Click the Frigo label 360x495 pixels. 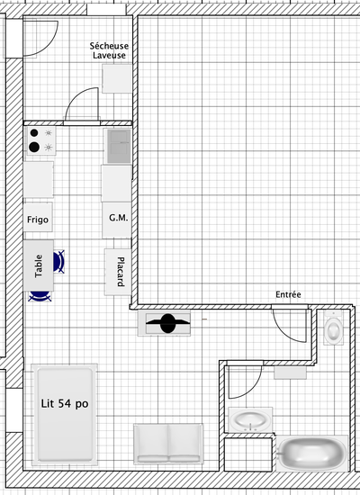coord(38,220)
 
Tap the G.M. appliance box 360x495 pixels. coord(116,220)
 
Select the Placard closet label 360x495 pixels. coord(121,272)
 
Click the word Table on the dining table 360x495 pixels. coord(38,266)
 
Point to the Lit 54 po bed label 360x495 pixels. coord(65,404)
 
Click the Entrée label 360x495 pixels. coord(288,294)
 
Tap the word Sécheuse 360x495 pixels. coord(109,46)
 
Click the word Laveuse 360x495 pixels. coord(109,55)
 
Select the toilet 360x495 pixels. coord(334,328)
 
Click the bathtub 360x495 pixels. coord(312,454)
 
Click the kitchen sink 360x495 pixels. coord(118,146)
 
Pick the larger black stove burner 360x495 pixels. coord(34,147)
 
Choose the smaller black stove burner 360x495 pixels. coord(34,133)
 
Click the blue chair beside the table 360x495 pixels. coord(59,262)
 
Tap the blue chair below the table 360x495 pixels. coord(40,296)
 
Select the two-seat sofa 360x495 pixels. coord(168,444)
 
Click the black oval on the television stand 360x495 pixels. coord(167,323)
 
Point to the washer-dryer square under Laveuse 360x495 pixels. coord(116,78)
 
